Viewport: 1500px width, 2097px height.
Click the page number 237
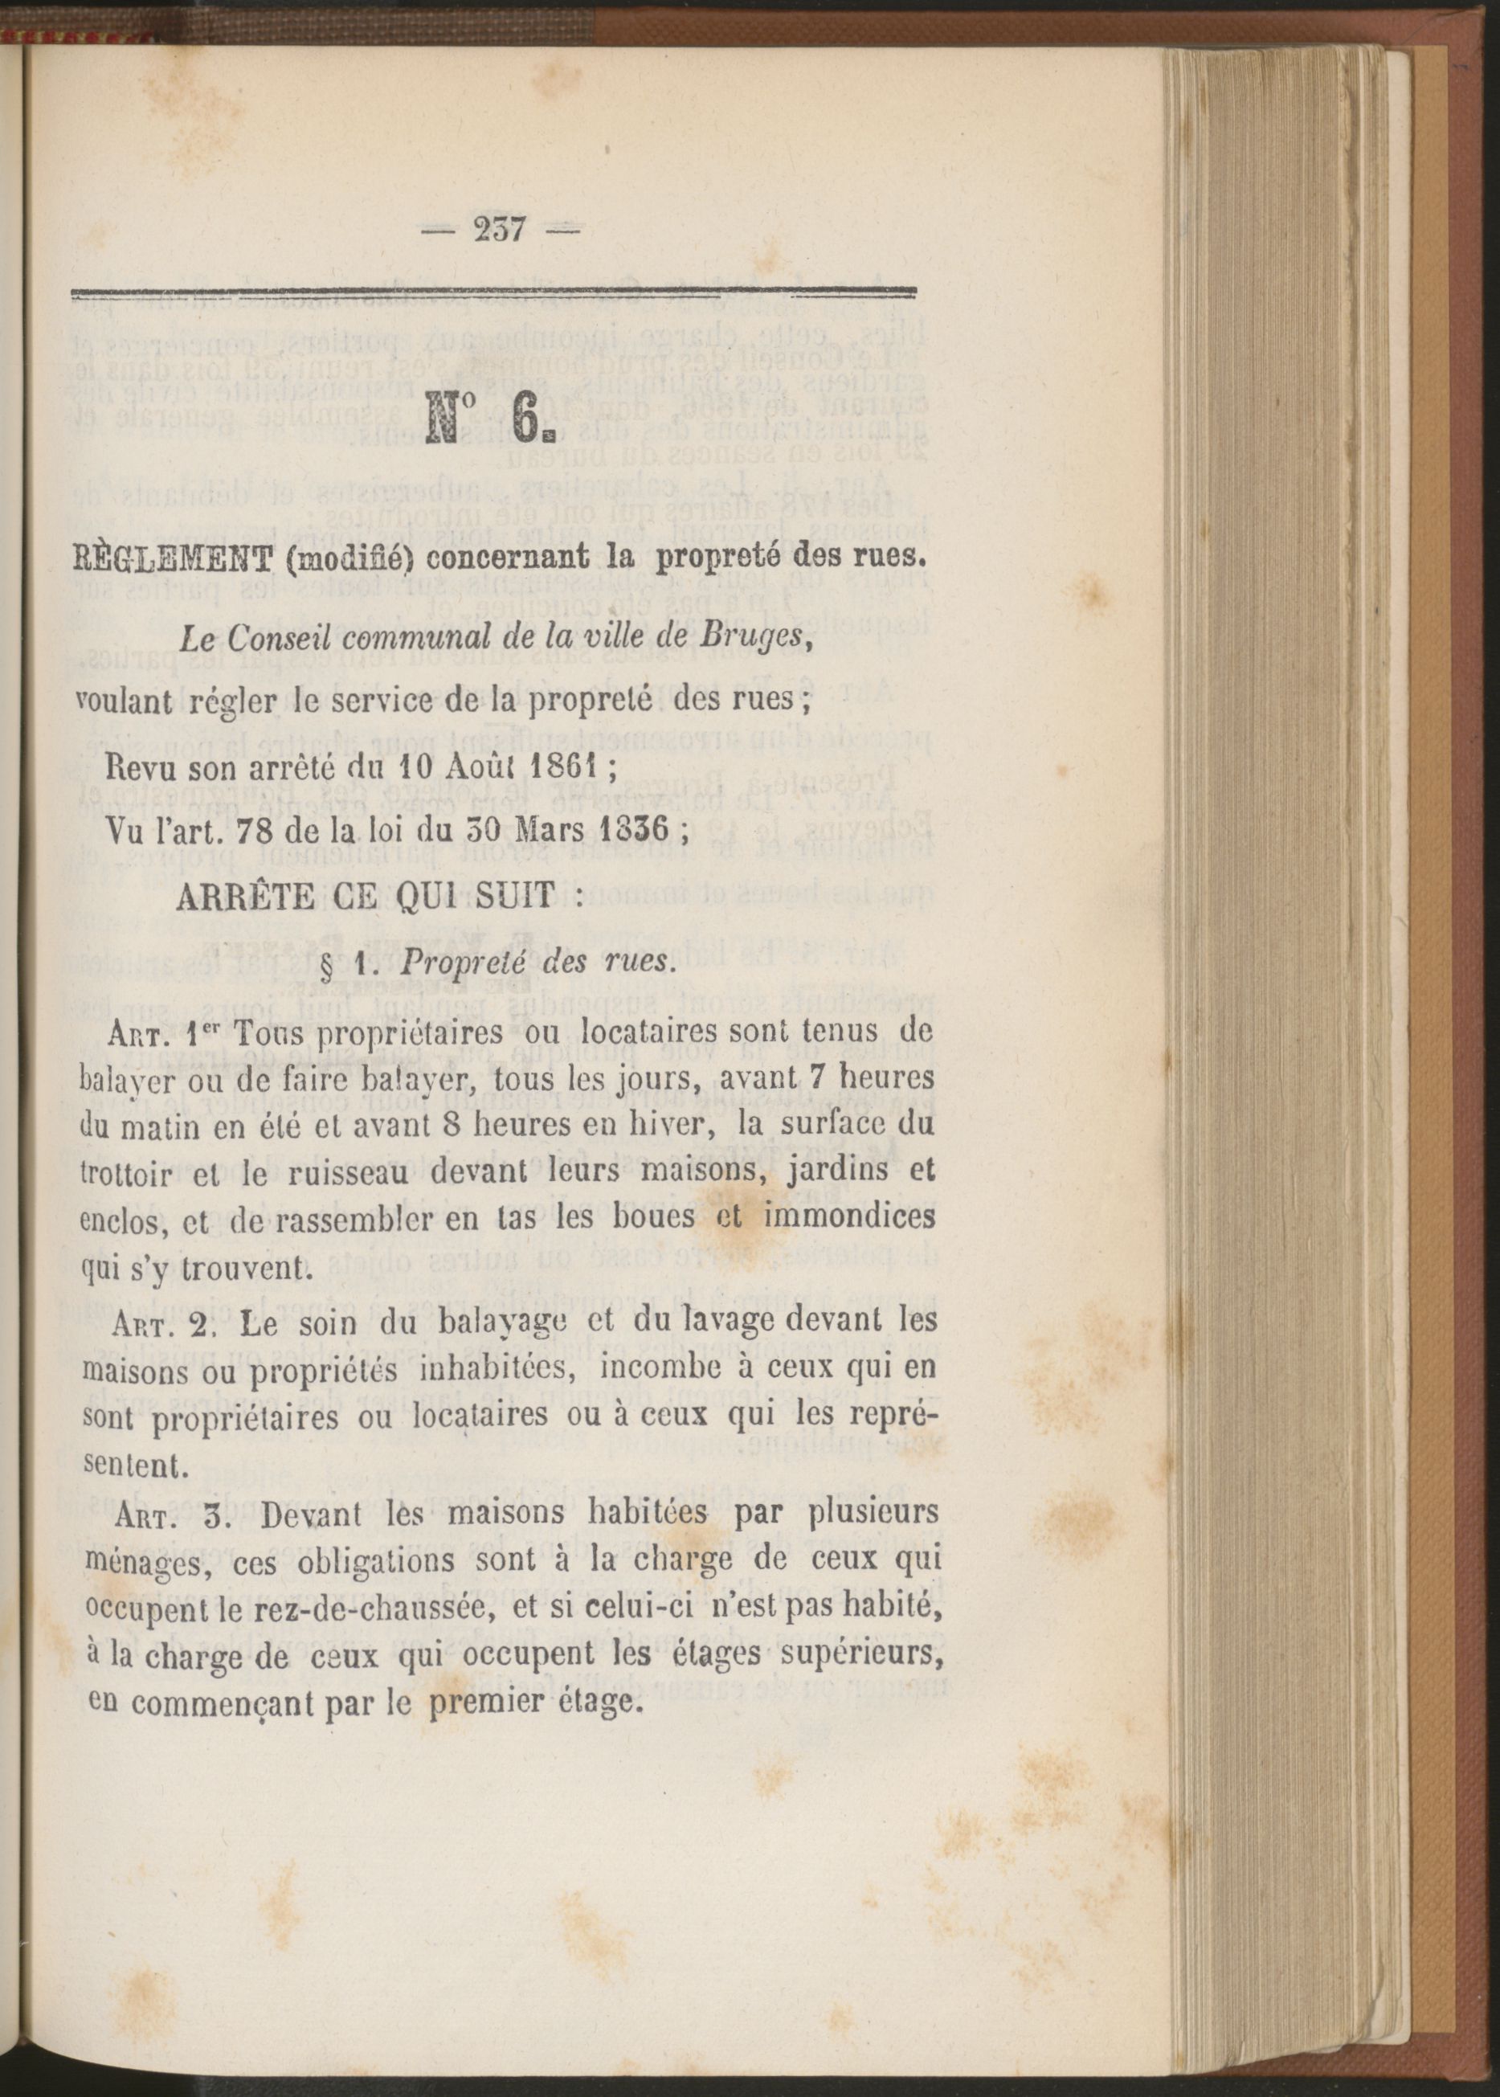(x=499, y=229)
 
